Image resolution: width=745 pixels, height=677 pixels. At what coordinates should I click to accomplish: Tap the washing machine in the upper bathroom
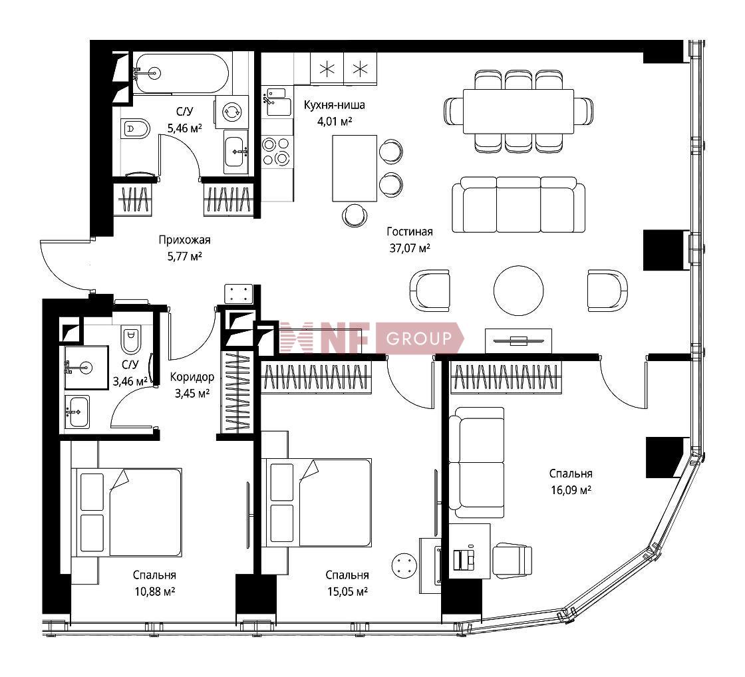(x=231, y=112)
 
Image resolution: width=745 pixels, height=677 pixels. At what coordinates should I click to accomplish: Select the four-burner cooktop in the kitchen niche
(x=277, y=151)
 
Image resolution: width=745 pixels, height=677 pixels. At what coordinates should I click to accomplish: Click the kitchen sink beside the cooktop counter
(x=277, y=102)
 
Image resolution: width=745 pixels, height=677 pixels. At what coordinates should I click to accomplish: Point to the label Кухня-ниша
(x=335, y=104)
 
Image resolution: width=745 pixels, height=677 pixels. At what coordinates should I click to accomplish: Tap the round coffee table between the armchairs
(x=518, y=290)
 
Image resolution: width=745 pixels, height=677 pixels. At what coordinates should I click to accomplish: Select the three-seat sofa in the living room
(x=518, y=205)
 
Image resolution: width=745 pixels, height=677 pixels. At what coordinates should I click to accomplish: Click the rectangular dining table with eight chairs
(x=518, y=111)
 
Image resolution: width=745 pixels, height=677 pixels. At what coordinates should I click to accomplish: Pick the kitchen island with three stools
(x=355, y=169)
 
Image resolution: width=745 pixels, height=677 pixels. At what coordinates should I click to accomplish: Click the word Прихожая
(x=184, y=240)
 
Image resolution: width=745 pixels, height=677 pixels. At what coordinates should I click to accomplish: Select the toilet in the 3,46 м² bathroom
(x=130, y=338)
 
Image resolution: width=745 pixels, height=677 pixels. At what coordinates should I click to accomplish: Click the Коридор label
(x=192, y=377)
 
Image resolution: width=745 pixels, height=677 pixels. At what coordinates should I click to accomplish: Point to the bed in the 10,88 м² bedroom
(x=126, y=512)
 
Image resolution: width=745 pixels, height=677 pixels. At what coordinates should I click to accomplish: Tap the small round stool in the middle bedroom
(x=404, y=565)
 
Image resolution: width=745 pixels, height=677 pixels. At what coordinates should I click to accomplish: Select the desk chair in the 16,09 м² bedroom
(x=512, y=561)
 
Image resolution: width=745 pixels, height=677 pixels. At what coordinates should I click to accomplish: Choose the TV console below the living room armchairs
(x=518, y=340)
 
